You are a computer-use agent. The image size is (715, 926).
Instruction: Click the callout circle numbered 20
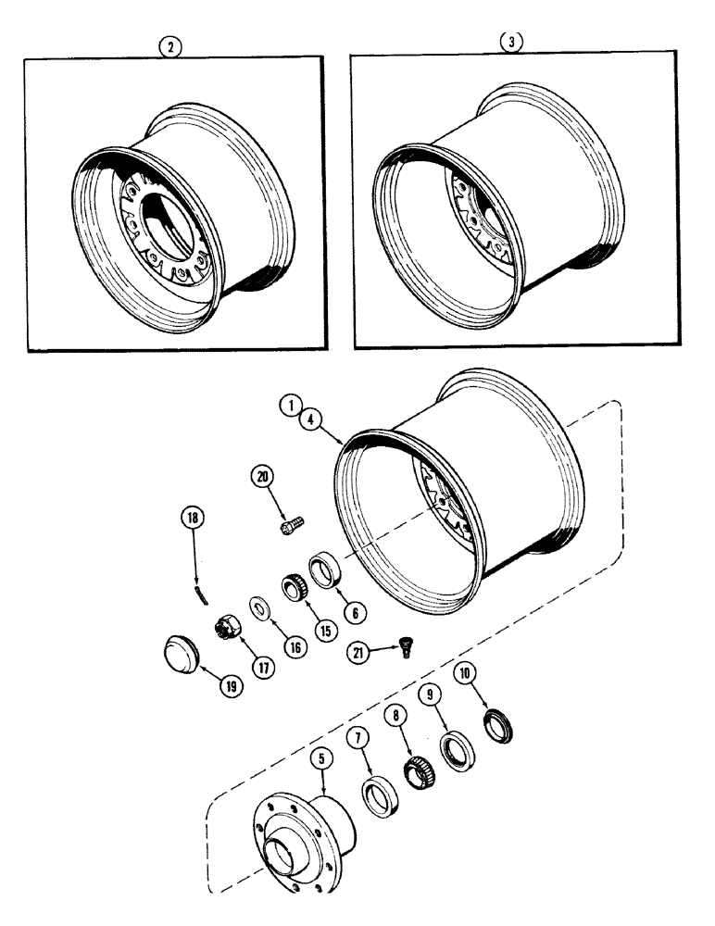coord(262,478)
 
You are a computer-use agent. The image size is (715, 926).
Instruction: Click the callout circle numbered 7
coord(360,735)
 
